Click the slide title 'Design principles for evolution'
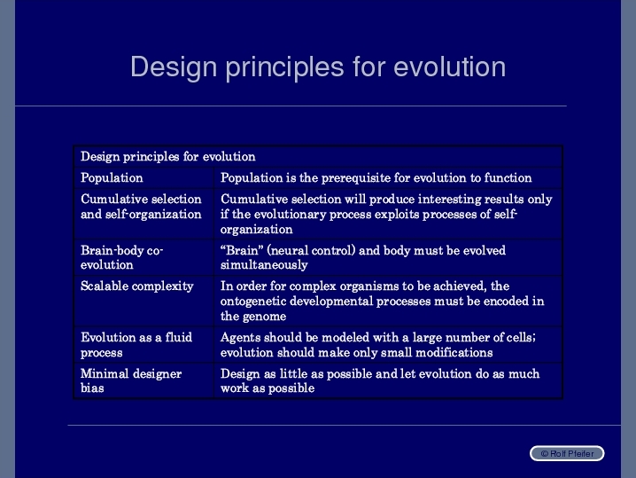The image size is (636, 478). pos(318,67)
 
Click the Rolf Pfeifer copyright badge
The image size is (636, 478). pos(567,453)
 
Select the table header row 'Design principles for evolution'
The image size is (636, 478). pos(168,156)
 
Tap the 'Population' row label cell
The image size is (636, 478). pos(112,177)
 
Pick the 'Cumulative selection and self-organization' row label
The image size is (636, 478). pos(141,207)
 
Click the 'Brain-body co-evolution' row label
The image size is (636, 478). pos(121,257)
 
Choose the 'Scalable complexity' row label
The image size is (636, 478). pos(137,286)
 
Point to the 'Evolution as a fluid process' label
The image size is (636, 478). pos(136,345)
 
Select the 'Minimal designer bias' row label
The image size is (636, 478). pos(131,380)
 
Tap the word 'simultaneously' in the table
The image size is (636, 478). pos(264,265)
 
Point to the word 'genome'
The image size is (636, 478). pos(266,317)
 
